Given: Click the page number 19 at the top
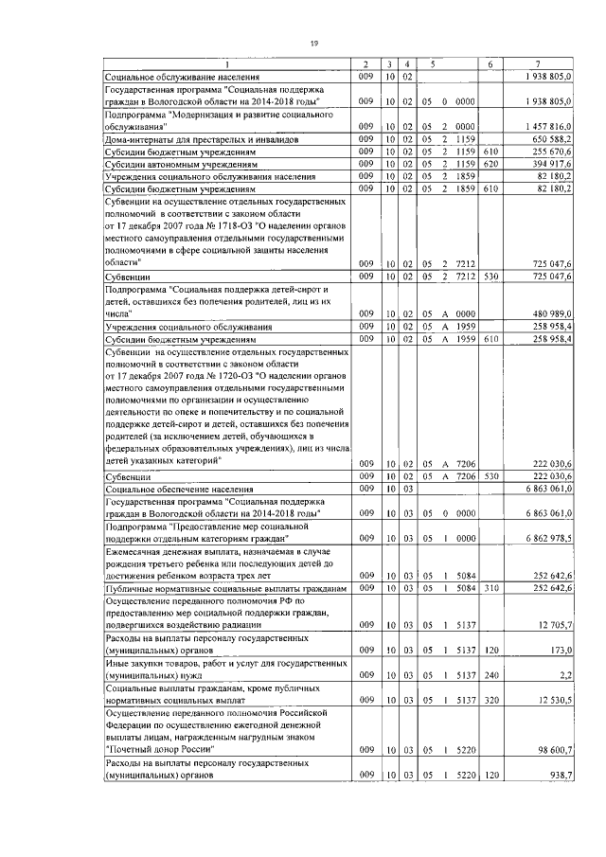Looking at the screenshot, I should [x=312, y=43].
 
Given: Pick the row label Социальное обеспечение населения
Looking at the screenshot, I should [x=172, y=488].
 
